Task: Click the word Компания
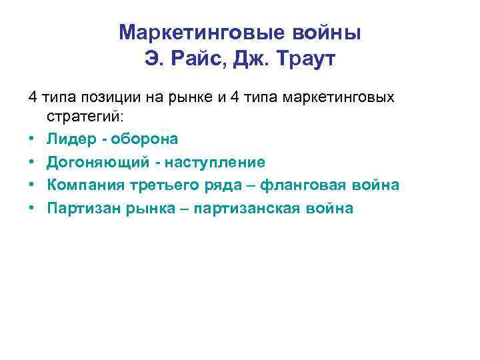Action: pyautogui.click(x=83, y=185)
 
